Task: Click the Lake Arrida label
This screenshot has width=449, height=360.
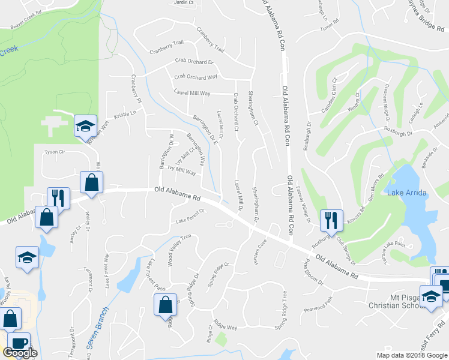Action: (x=407, y=192)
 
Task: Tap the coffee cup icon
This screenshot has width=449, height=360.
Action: (x=19, y=343)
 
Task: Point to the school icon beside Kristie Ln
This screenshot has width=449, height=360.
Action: (x=86, y=125)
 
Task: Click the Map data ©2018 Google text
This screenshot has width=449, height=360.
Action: (x=412, y=355)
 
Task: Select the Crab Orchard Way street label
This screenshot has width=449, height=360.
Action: (x=196, y=77)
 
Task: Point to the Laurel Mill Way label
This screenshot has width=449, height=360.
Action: (x=192, y=94)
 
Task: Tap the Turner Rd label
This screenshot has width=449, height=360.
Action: (x=330, y=20)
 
